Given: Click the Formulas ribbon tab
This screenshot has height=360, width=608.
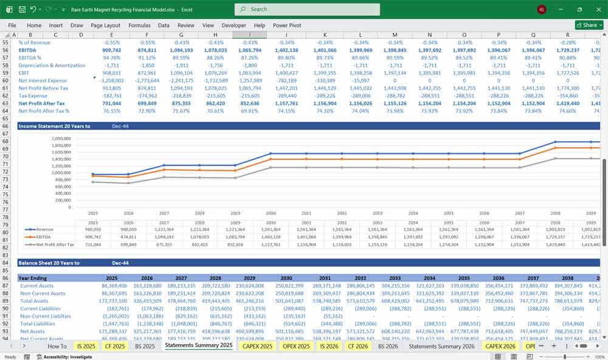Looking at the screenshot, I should (139, 26).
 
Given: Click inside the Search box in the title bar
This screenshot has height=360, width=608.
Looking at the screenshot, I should (307, 9).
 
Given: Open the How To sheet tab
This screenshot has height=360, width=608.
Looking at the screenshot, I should (57, 345).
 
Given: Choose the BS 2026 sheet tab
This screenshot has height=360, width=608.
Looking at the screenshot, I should (389, 345).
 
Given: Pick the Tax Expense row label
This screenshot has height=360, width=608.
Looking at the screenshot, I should (33, 96).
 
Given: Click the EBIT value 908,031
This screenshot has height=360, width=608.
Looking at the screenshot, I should (111, 73).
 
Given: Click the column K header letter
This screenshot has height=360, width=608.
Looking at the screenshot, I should (325, 35).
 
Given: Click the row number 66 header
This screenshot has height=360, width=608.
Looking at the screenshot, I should (7, 126).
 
